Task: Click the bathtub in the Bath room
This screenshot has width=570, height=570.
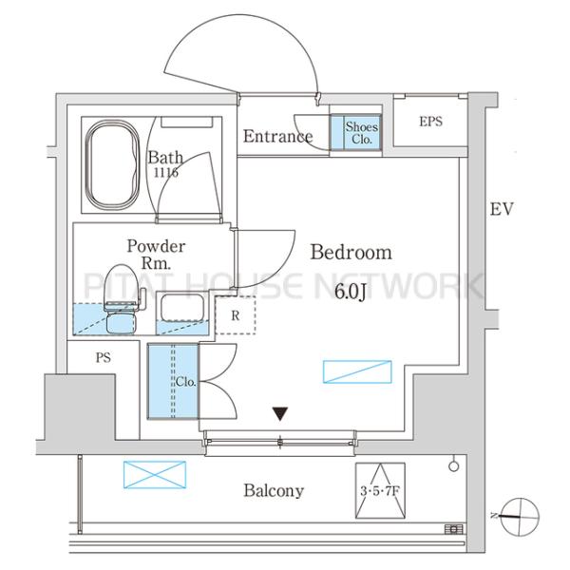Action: (x=112, y=164)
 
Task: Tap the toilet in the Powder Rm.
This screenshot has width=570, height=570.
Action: (x=121, y=299)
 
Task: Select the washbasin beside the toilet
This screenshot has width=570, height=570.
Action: (x=182, y=308)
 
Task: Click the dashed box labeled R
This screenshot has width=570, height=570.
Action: (x=236, y=315)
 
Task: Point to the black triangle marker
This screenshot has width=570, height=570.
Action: (x=280, y=413)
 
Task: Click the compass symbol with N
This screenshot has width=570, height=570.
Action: (x=519, y=517)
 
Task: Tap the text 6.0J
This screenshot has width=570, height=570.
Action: (x=351, y=292)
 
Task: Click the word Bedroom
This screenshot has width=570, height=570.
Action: (x=351, y=252)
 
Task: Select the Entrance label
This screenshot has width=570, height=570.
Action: (x=277, y=136)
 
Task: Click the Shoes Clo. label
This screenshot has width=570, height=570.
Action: (x=362, y=133)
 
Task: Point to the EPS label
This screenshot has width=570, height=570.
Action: (x=430, y=122)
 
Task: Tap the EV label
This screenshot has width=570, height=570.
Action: (x=502, y=209)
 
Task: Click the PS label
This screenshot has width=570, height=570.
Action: (x=104, y=358)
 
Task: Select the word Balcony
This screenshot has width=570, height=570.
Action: (x=274, y=491)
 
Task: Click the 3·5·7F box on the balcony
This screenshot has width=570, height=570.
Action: (x=380, y=490)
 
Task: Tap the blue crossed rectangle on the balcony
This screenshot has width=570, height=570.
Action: (x=155, y=475)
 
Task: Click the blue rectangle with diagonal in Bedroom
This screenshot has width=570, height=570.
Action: (x=357, y=371)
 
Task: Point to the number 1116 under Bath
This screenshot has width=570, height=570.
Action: (x=166, y=172)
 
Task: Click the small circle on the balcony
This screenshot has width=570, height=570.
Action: (x=454, y=466)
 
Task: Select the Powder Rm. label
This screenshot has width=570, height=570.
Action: (x=156, y=255)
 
